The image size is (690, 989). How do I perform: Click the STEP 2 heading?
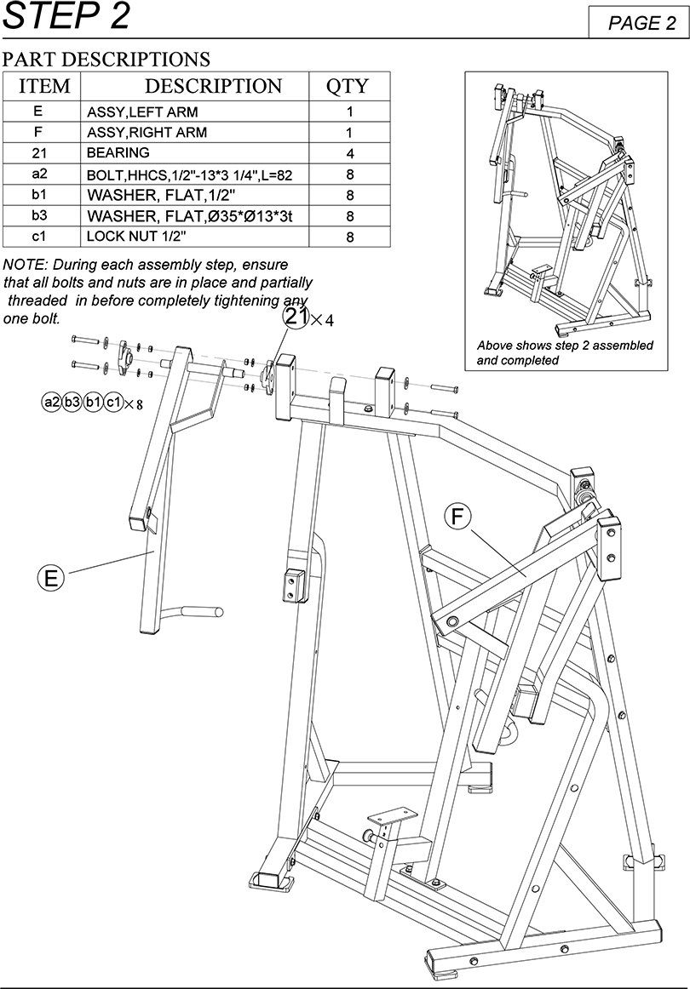(x=66, y=17)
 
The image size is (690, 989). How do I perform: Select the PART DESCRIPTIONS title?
(x=106, y=60)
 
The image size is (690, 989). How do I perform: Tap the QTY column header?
(x=348, y=86)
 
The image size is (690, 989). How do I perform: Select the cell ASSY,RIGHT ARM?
(x=147, y=133)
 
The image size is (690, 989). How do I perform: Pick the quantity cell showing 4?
(x=349, y=154)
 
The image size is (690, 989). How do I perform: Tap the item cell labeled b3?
(x=38, y=216)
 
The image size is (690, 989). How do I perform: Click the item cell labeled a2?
(x=38, y=174)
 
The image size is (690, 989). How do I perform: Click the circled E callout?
(x=51, y=579)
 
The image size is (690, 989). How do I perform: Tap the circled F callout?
(x=457, y=517)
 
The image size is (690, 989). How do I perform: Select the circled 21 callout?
(x=296, y=317)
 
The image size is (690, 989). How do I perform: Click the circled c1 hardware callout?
(x=113, y=402)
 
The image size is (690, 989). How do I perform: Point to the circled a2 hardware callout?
(x=51, y=402)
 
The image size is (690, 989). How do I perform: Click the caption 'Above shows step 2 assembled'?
(x=565, y=346)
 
